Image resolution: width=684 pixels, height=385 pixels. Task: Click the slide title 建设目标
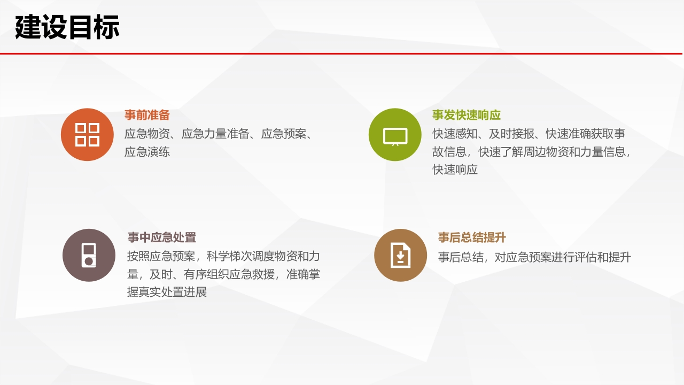tap(67, 27)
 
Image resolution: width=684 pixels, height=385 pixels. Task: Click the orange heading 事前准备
tap(147, 115)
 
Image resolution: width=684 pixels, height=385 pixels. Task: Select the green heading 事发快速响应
tap(467, 115)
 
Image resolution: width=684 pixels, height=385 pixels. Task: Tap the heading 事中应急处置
tap(161, 237)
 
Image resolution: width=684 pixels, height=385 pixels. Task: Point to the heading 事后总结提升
tap(472, 237)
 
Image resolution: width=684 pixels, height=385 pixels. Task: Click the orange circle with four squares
tap(87, 134)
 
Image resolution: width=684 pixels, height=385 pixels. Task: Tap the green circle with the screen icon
tap(395, 134)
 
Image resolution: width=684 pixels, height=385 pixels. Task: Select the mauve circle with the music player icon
tap(89, 255)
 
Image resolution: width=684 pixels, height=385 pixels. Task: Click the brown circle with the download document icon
tap(401, 255)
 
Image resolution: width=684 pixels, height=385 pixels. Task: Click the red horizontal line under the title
tap(341, 53)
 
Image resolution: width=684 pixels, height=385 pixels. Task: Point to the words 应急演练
tap(147, 152)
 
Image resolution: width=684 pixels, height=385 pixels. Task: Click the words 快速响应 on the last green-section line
tap(455, 170)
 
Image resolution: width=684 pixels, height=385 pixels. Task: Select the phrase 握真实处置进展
tap(167, 292)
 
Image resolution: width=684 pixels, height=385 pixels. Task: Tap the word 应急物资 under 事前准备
tap(147, 134)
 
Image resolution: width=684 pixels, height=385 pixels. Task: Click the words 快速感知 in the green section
tap(455, 134)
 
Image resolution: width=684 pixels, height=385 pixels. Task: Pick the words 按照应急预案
tap(161, 256)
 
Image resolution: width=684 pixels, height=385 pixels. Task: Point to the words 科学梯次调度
tap(240, 256)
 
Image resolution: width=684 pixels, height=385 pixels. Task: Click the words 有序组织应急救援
tap(229, 274)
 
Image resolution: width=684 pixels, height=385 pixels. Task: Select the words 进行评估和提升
tap(591, 257)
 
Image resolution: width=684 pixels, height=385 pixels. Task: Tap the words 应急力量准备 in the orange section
tap(215, 134)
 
